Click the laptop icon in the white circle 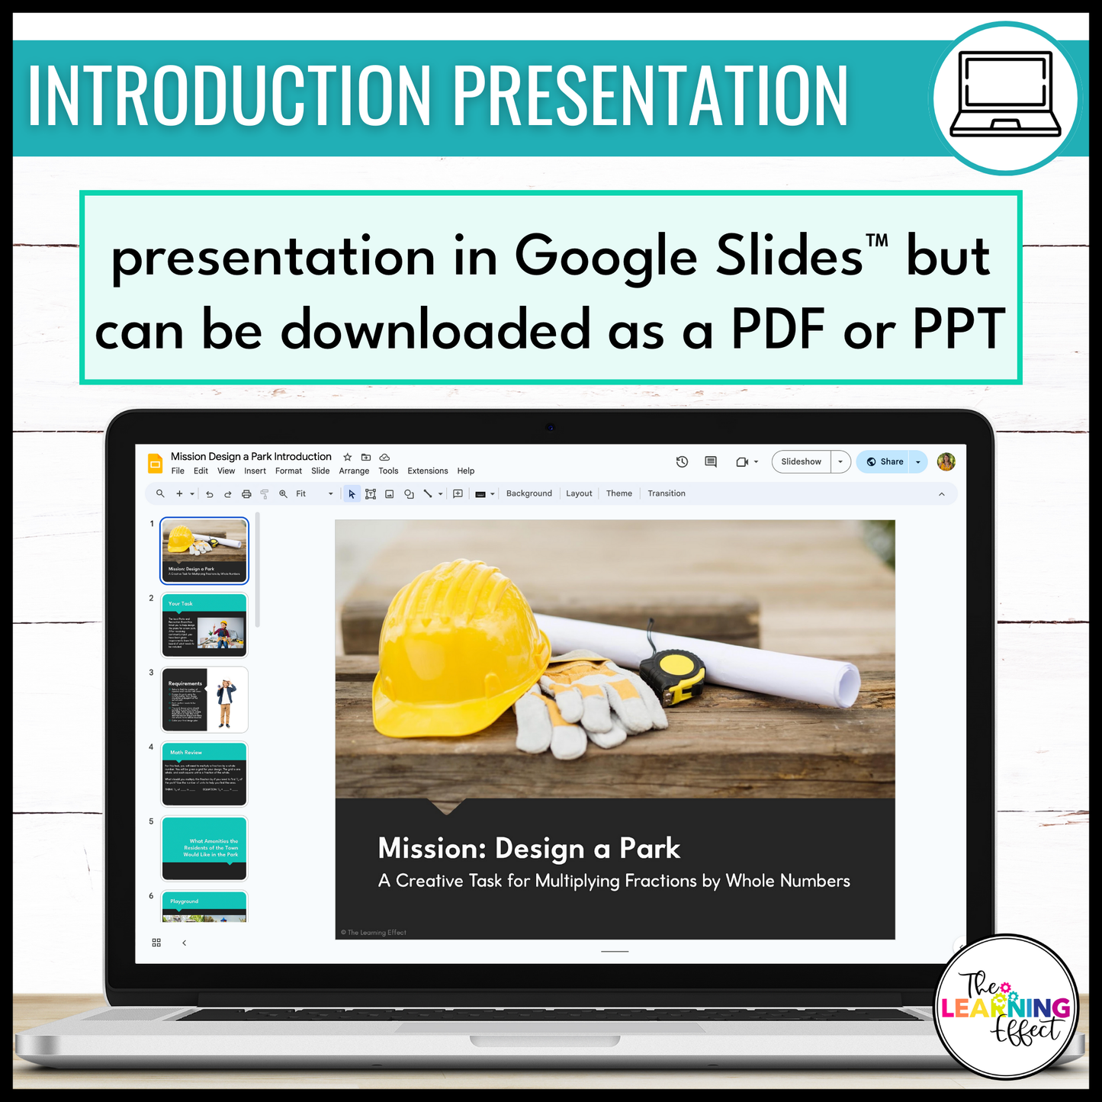[x=1005, y=95]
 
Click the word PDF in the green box [x=778, y=330]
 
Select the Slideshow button [x=801, y=461]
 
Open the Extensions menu [x=427, y=471]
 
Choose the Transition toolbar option [x=666, y=493]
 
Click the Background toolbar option [x=529, y=493]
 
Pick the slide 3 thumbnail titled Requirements [x=204, y=699]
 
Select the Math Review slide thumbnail [x=204, y=773]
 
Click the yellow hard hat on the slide [x=458, y=641]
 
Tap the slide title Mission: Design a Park [x=529, y=848]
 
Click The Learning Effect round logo [x=1006, y=1007]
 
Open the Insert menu [x=255, y=471]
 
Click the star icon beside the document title [x=348, y=458]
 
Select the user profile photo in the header [x=946, y=461]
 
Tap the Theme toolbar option [x=618, y=493]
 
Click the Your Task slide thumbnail [x=204, y=625]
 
